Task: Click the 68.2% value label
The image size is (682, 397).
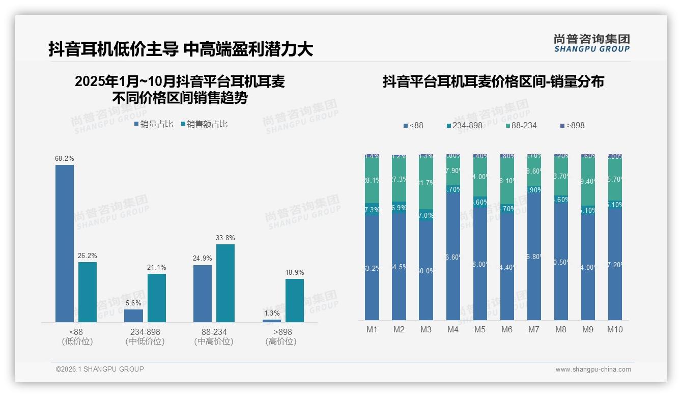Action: (x=65, y=159)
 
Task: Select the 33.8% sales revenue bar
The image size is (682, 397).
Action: (x=225, y=283)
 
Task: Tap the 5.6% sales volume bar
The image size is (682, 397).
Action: (x=133, y=316)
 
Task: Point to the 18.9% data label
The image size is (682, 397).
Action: (x=294, y=273)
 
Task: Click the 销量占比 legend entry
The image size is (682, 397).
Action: (x=154, y=124)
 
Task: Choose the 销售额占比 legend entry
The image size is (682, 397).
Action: (x=205, y=124)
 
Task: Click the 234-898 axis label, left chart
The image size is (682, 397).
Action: (x=145, y=332)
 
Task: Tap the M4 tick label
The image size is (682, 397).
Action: (x=453, y=330)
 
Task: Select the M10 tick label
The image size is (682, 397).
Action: (x=615, y=330)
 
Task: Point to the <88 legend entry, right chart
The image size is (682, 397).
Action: (x=413, y=126)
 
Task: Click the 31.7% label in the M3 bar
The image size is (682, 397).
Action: (x=426, y=183)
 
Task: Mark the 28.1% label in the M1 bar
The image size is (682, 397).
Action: (x=372, y=180)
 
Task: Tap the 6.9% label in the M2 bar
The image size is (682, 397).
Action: (x=399, y=208)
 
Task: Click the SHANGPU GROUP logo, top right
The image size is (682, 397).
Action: (x=591, y=43)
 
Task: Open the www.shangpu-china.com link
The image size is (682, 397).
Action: (x=593, y=370)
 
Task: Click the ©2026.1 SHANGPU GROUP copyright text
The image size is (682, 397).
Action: (x=100, y=369)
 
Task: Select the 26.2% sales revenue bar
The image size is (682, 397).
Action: (x=88, y=292)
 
